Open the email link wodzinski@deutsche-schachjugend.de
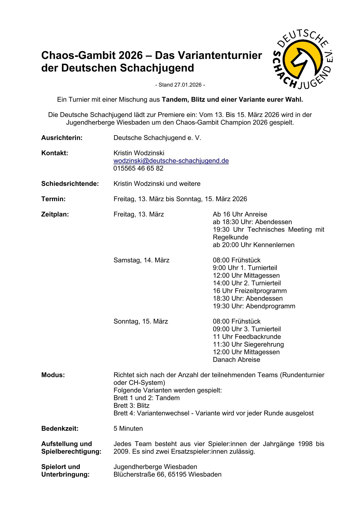(x=171, y=161)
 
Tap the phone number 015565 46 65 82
(x=138, y=168)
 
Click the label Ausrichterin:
(x=62, y=138)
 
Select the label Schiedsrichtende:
(x=70, y=184)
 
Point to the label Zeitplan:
(x=55, y=214)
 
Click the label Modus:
(x=53, y=375)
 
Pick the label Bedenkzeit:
(x=60, y=429)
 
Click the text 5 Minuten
(x=128, y=429)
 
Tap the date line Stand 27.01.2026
(x=180, y=85)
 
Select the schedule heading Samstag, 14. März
(x=141, y=260)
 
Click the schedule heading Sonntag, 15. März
(x=141, y=321)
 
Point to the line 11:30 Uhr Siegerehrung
(x=248, y=344)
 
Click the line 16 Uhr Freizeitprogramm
(x=250, y=291)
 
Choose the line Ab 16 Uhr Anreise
(x=240, y=214)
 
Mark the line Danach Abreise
(x=236, y=360)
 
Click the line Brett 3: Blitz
(x=131, y=406)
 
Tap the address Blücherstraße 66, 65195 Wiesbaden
(x=167, y=475)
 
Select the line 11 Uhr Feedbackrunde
(x=247, y=337)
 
